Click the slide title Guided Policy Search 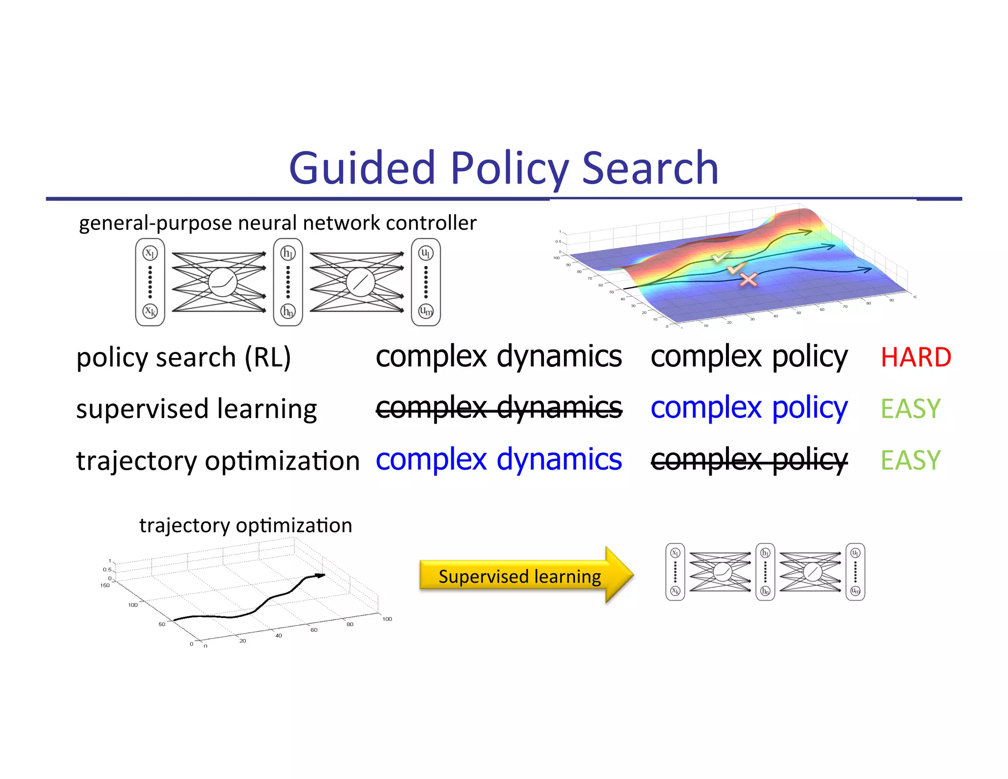[x=504, y=168]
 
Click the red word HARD [x=915, y=357]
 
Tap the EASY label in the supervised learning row [x=910, y=409]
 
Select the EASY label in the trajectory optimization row [x=910, y=460]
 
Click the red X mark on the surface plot [x=748, y=280]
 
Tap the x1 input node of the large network [x=150, y=253]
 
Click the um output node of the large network [x=426, y=311]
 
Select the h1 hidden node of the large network [x=288, y=253]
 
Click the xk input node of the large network [x=150, y=311]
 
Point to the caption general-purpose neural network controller [x=278, y=223]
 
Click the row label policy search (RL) [x=184, y=357]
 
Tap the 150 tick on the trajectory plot [x=105, y=585]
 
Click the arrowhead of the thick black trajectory [x=320, y=575]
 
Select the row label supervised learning [x=196, y=409]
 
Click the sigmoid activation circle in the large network [x=222, y=283]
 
